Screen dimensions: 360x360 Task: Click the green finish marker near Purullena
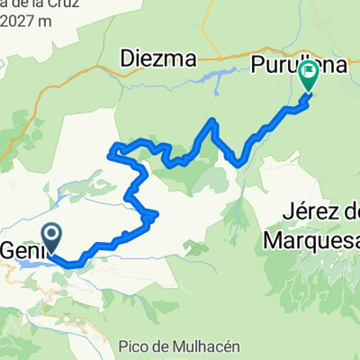(308, 75)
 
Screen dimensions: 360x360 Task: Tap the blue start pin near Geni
(51, 238)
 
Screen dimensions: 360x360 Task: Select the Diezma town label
(158, 60)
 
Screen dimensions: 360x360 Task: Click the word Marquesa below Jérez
(310, 240)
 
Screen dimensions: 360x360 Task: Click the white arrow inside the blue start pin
(51, 237)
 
